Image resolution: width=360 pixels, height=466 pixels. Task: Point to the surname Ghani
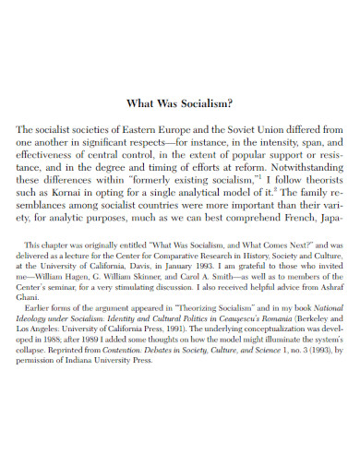point(40,328)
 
